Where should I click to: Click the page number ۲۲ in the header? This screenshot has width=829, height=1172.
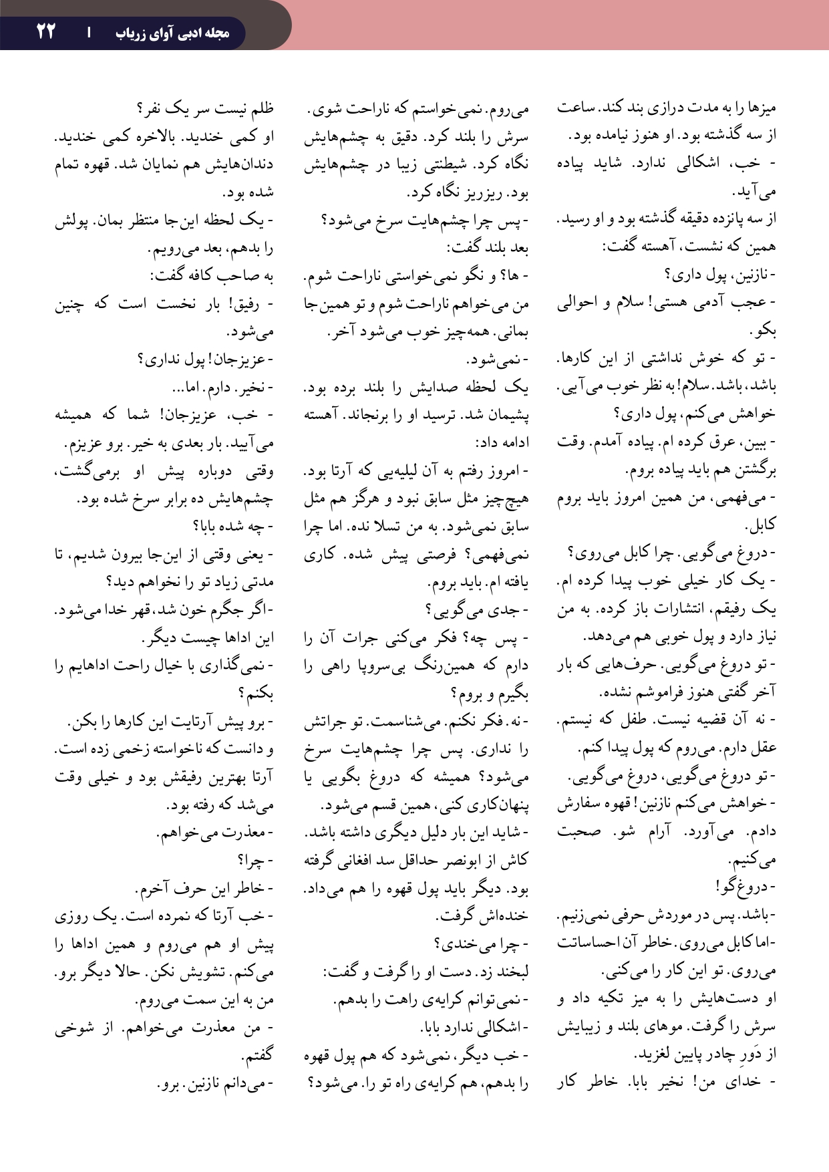[x=45, y=31]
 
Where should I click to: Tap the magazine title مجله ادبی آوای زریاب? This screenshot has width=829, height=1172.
[x=173, y=33]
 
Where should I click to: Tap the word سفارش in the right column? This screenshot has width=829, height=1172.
[x=578, y=804]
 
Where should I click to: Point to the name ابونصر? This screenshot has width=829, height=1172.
[x=454, y=860]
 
